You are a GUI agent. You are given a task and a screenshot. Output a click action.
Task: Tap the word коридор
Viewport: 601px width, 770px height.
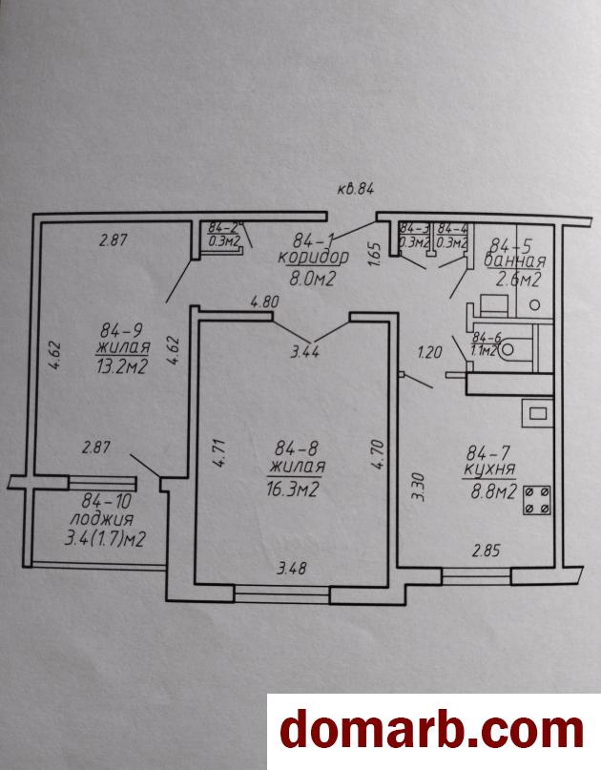tap(313, 258)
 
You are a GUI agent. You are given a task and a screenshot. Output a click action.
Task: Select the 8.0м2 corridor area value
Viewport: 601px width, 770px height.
tap(313, 279)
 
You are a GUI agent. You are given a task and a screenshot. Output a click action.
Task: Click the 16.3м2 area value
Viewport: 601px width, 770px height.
tap(294, 489)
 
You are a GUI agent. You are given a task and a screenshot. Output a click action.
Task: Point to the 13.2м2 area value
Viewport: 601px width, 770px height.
tap(122, 368)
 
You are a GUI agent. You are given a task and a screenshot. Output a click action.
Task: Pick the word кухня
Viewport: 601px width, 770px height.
tap(489, 470)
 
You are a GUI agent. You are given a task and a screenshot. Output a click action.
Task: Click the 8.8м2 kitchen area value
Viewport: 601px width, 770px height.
tap(490, 492)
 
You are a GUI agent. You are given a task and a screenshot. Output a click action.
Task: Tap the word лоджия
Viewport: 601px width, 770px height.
tap(101, 519)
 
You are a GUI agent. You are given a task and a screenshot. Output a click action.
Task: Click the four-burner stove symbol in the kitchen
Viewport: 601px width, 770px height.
tap(536, 500)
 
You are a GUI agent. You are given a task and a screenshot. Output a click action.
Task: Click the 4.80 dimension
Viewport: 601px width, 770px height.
tap(264, 303)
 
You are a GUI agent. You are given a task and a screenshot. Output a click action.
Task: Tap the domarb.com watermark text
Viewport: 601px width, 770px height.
tap(431, 731)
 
